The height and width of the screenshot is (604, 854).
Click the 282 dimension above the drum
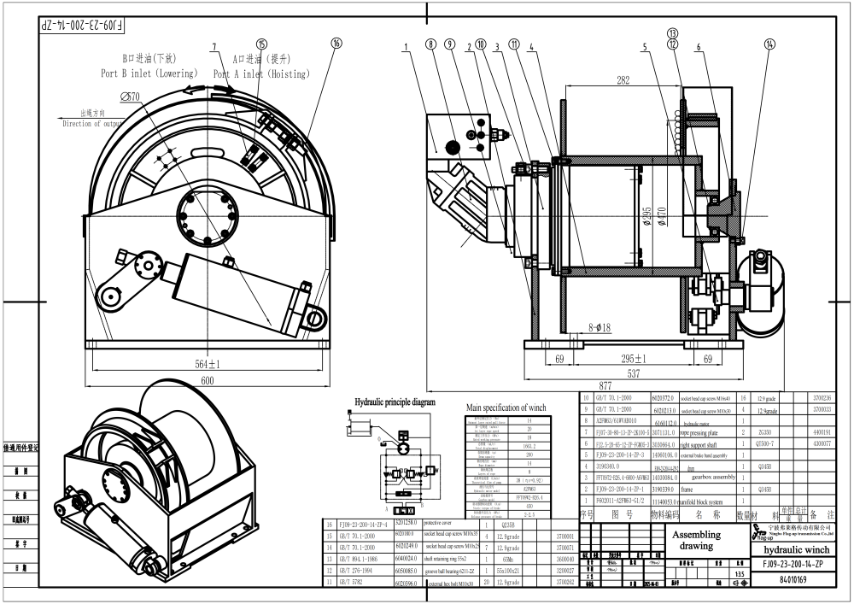coord(623,80)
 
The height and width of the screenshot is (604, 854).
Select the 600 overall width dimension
coord(207,380)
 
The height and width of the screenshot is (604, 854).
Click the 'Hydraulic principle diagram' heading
coord(395,402)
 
